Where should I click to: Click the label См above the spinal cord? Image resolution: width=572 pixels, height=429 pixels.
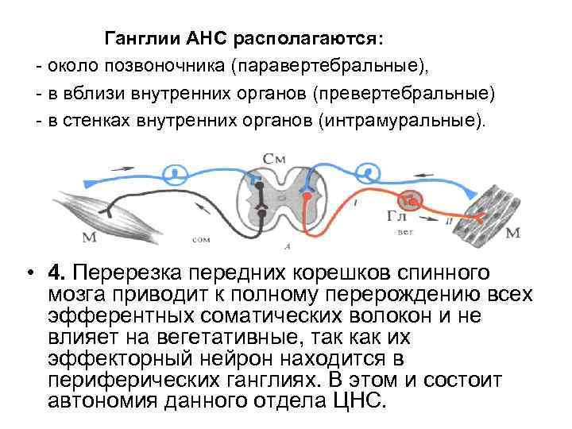point(274,160)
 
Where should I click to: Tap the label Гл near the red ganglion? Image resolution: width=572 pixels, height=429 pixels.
point(397,216)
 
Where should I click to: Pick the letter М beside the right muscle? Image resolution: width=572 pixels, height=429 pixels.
point(512,232)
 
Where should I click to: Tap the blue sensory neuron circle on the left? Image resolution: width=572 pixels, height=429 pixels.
point(176,172)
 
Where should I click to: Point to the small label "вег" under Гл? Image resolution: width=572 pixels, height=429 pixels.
point(406,233)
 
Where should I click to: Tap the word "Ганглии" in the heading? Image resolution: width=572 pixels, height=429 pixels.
point(143,39)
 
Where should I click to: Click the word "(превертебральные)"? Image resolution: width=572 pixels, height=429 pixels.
point(404,94)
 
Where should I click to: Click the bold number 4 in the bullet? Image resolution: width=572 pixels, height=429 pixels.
point(52,274)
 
